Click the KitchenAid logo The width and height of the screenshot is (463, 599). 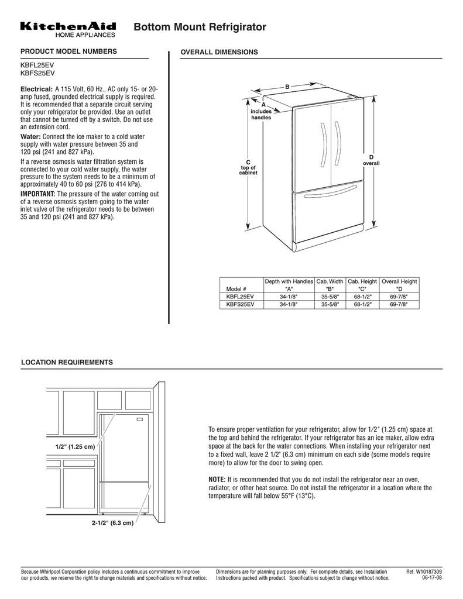click(x=68, y=29)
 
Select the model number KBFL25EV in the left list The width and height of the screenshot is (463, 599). click(x=38, y=66)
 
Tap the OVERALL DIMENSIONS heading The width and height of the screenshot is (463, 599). click(x=219, y=53)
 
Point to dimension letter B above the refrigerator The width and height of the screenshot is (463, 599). click(x=287, y=87)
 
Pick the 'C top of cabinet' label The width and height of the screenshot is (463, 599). click(x=248, y=167)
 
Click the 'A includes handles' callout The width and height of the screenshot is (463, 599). click(x=261, y=111)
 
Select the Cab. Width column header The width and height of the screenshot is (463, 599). click(x=330, y=281)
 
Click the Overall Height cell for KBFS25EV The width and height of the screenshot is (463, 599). click(x=399, y=304)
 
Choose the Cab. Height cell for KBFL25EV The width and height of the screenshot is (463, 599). click(x=362, y=297)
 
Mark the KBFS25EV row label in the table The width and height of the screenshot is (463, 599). click(x=240, y=304)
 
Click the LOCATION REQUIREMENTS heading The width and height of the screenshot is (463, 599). click(x=67, y=363)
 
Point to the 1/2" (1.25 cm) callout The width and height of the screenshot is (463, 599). click(x=75, y=447)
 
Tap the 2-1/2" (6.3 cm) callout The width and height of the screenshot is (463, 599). click(x=113, y=522)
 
